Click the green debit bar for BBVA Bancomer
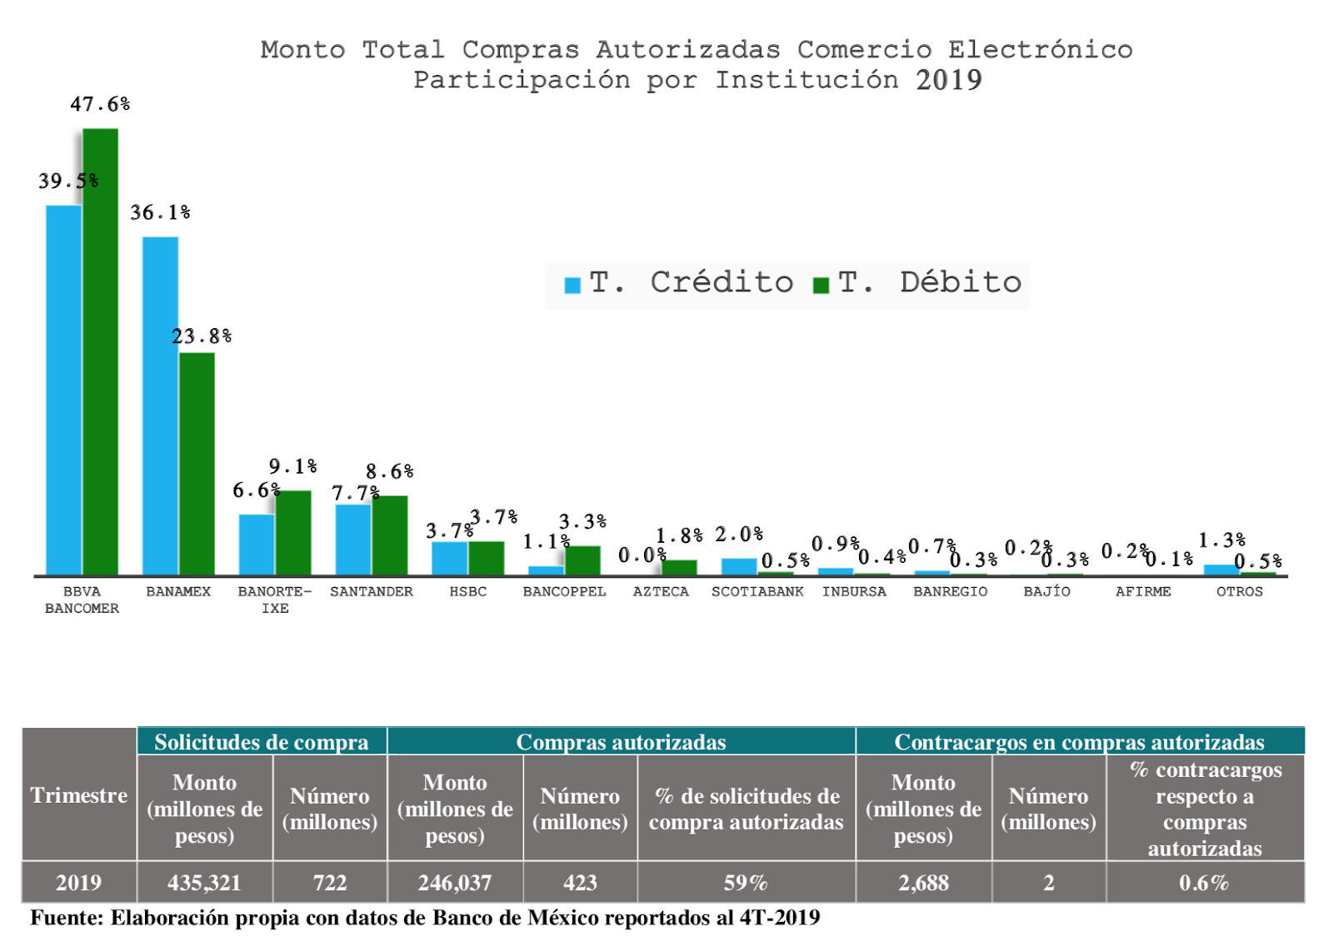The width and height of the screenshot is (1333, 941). point(100,350)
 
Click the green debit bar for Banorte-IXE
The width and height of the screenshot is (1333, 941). point(293,532)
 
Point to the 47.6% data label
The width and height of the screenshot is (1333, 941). point(100,105)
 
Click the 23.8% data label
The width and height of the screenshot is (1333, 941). point(202,336)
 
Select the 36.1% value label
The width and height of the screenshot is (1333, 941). point(160,213)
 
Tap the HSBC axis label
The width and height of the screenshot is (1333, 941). point(467,592)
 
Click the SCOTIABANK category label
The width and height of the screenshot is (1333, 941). point(757,592)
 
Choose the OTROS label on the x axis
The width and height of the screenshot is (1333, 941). point(1239,592)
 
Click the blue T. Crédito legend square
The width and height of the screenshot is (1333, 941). point(572,285)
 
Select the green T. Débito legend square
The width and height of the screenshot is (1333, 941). point(821,285)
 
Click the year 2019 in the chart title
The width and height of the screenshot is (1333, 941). point(948,80)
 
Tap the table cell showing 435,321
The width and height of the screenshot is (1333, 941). point(204,883)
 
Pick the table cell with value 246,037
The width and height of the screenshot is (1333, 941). point(455,883)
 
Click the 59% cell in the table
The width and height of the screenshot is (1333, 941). point(746,883)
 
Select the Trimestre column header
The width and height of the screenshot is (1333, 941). point(79,795)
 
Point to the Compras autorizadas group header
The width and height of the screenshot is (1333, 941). point(621,742)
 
